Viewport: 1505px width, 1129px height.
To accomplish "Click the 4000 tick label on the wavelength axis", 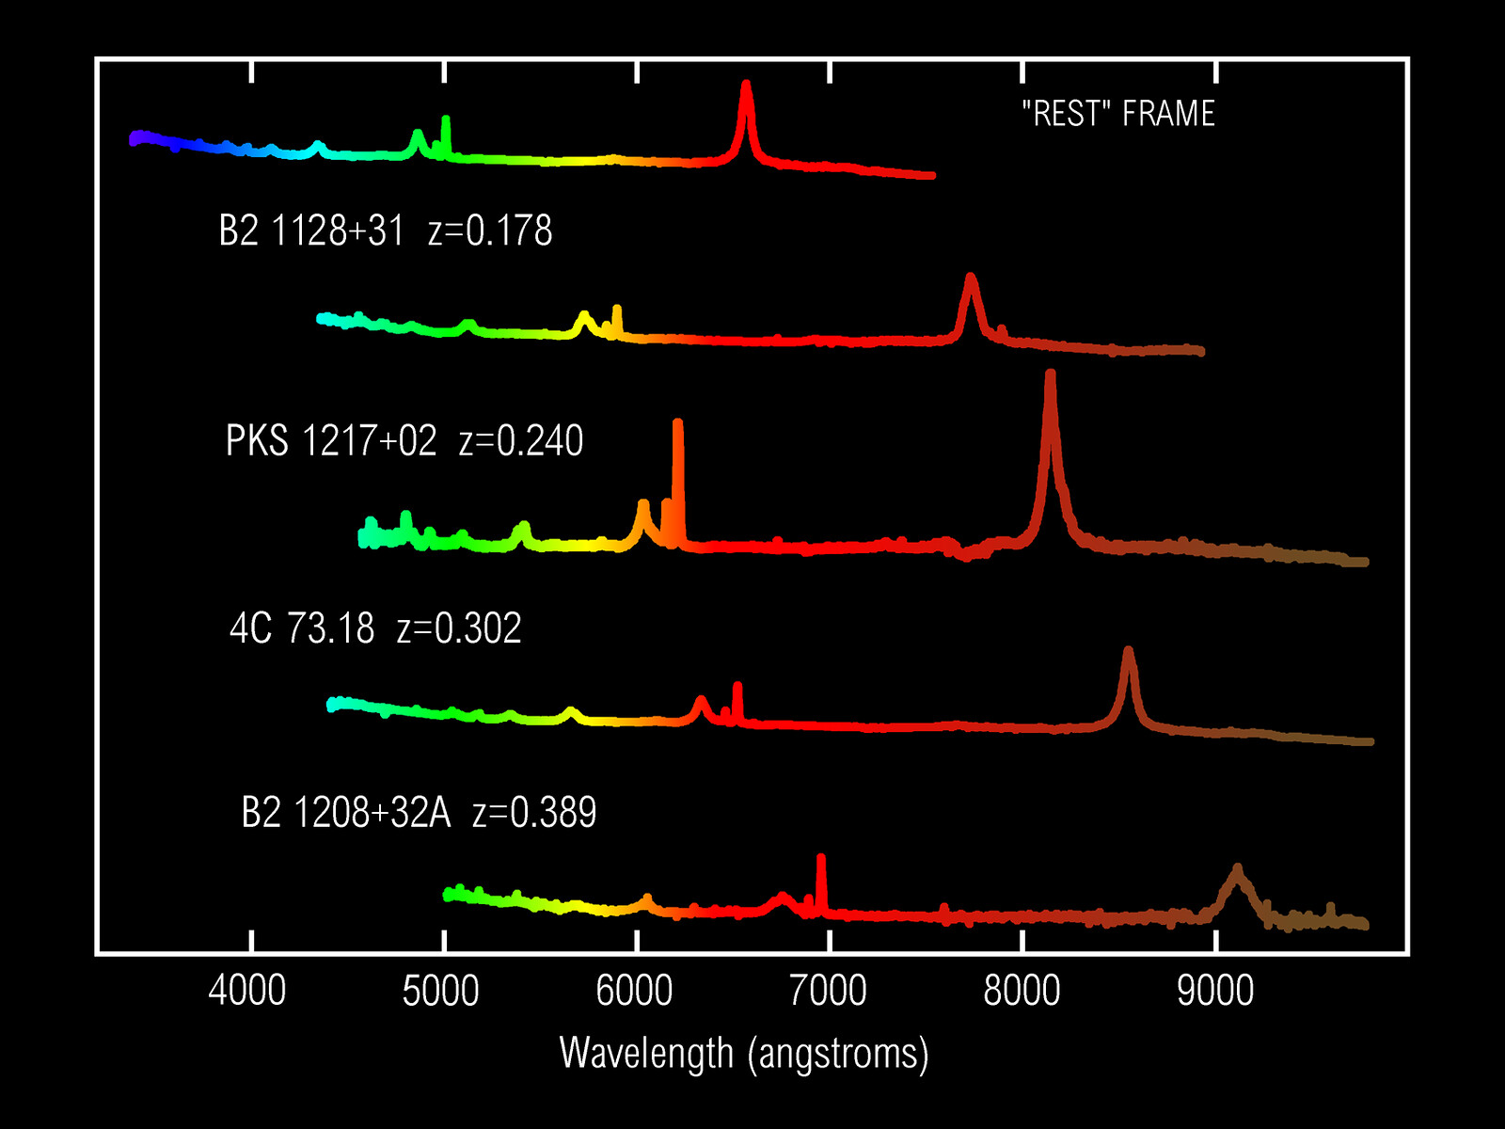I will (247, 992).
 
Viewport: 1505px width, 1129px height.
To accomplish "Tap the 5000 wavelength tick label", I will (441, 992).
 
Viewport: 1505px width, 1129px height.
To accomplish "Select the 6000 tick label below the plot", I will (635, 992).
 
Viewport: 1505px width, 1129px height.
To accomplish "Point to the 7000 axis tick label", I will (829, 992).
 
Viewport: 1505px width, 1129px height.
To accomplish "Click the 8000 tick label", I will (1022, 992).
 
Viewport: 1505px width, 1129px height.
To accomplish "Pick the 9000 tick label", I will (1216, 992).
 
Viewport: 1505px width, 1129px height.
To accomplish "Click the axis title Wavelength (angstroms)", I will (744, 1054).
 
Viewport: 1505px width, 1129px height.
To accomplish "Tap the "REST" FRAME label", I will (1118, 114).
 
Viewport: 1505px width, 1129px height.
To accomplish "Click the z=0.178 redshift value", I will (490, 231).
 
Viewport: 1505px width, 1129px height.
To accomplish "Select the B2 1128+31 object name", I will (311, 231).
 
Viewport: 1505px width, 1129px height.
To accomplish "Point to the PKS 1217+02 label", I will (331, 441).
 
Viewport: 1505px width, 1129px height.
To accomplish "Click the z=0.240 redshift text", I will (521, 441).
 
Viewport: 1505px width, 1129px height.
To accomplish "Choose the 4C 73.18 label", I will (302, 628).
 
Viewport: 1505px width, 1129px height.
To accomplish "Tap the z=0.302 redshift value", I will (459, 628).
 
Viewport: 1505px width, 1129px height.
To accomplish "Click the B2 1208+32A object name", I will (346, 813).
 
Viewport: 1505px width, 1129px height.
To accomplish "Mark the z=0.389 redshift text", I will (534, 813).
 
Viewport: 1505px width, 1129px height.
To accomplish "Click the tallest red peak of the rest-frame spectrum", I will (746, 89).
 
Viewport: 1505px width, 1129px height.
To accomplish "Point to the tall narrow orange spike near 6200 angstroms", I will (678, 428).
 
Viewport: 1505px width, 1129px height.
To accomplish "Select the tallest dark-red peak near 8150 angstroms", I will (1050, 378).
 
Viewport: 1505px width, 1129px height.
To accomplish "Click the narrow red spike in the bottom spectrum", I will (821, 861).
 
